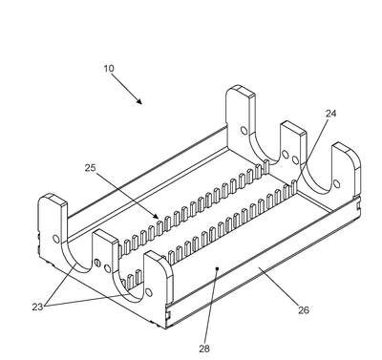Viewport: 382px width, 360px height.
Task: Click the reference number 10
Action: tap(109, 69)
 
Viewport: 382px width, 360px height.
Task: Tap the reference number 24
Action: tap(330, 114)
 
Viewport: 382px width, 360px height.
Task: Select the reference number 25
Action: tap(91, 168)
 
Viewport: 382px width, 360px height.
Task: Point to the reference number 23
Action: tap(37, 307)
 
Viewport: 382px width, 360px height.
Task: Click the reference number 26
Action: tap(304, 309)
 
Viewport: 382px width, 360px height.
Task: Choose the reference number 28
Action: tap(204, 349)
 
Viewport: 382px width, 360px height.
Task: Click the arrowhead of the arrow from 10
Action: tap(138, 101)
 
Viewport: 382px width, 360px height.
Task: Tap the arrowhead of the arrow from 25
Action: tap(156, 216)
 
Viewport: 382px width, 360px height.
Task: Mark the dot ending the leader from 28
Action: tap(217, 268)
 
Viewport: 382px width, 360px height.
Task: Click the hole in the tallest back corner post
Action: tap(244, 131)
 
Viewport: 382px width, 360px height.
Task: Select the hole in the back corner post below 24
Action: tap(337, 183)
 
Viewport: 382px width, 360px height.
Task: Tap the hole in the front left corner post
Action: tap(56, 239)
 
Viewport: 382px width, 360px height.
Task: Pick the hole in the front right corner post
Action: tap(149, 292)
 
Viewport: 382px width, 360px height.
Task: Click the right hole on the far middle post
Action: tap(295, 160)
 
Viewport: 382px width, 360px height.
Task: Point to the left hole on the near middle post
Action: tap(97, 264)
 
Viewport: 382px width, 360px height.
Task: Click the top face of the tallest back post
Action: tap(241, 91)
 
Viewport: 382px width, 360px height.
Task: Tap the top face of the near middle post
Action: tap(106, 237)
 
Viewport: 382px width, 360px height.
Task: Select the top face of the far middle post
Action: tap(293, 128)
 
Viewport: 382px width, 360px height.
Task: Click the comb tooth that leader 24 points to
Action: tap(293, 186)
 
